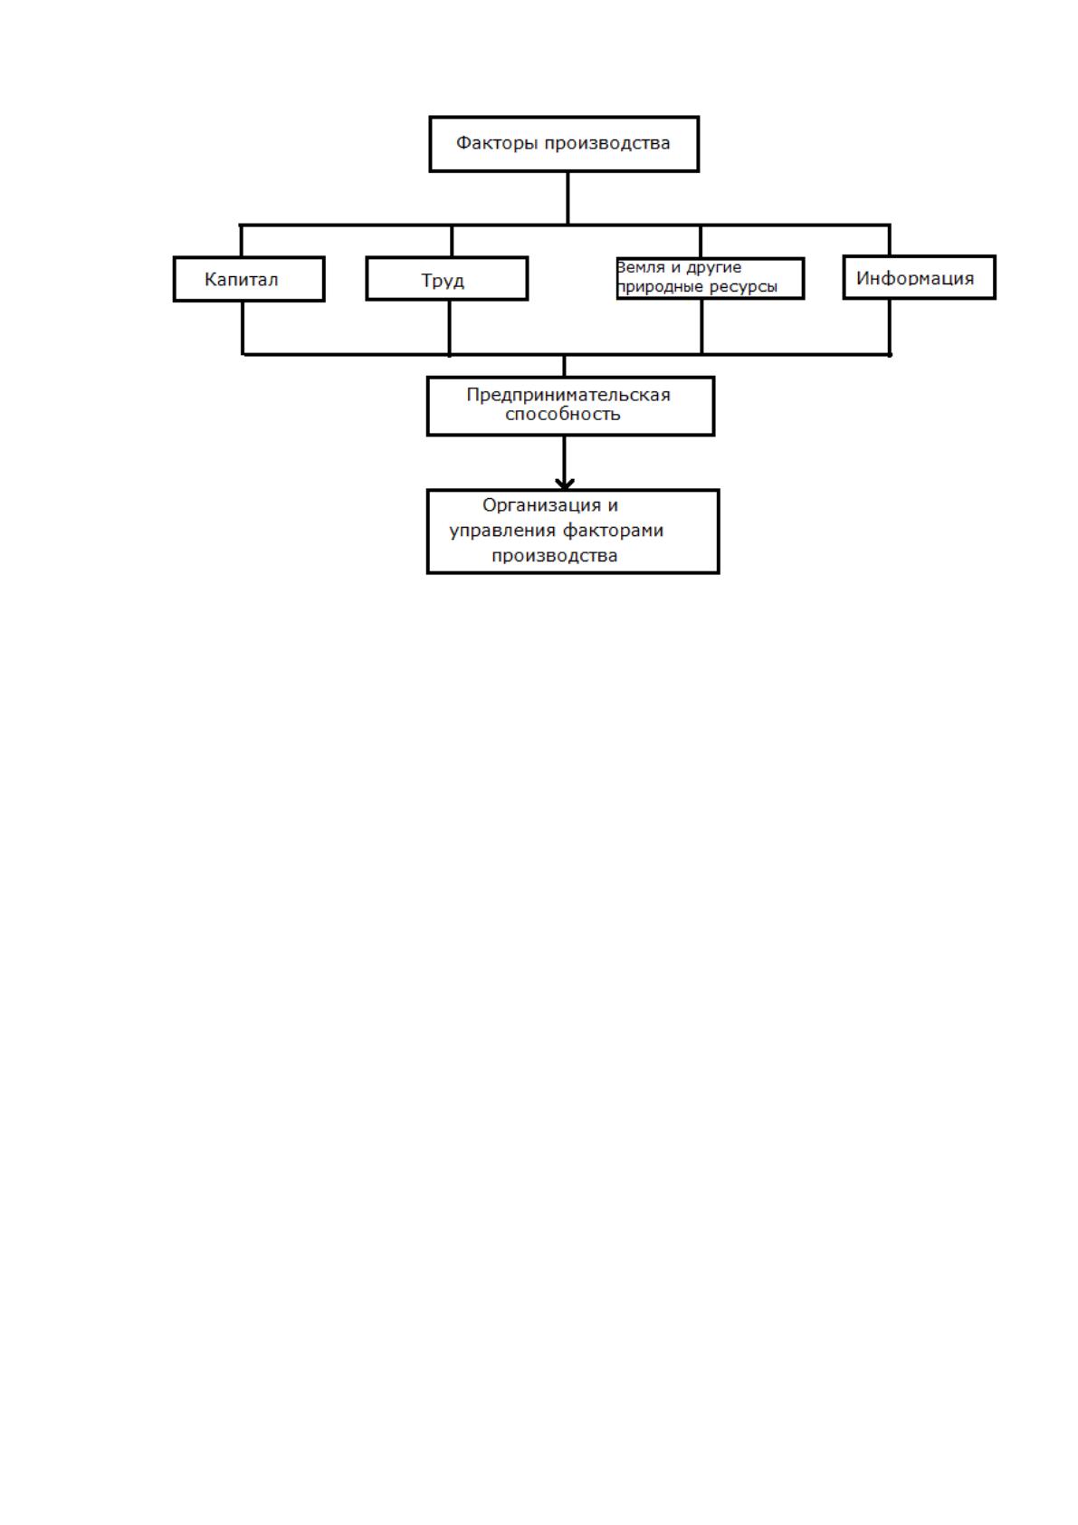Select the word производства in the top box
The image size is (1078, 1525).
[x=607, y=144]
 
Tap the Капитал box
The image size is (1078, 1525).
[x=249, y=279]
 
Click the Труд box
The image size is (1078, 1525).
[x=446, y=278]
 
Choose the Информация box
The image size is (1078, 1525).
[x=920, y=277]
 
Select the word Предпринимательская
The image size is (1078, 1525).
[x=568, y=395]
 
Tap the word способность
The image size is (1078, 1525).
[x=563, y=415]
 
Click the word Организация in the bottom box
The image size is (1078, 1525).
[x=542, y=505]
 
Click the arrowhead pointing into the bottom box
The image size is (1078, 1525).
[x=565, y=484]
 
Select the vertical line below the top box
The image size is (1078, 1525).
[x=568, y=197]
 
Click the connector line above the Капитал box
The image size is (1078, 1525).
[x=242, y=240]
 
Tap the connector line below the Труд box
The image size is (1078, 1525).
[x=449, y=328]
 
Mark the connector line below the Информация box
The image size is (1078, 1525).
[x=890, y=327]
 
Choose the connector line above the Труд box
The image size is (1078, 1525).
[x=452, y=240]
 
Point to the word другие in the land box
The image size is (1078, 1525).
[x=714, y=268]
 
